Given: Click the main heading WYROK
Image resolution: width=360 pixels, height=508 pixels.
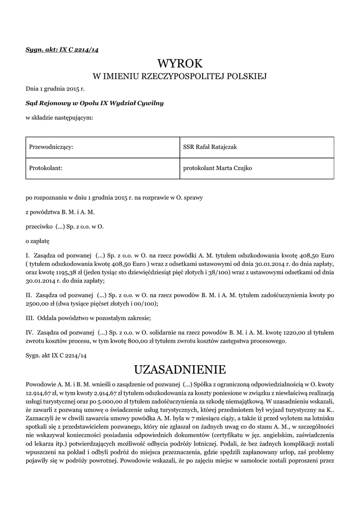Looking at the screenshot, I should point(180,63).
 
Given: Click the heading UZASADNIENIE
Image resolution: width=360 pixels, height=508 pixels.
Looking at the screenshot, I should point(180,370).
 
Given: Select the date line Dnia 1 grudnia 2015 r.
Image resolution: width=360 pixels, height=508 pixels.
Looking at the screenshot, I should point(55,89).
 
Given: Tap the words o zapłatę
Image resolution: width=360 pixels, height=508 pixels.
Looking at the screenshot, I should point(38,241).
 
